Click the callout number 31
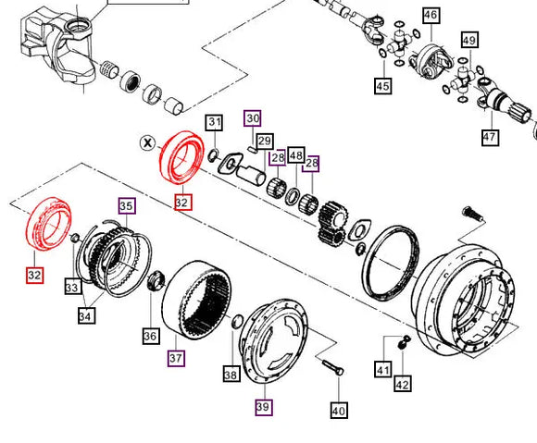pos(214,122)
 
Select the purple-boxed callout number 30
pos(253,117)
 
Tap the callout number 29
pos(265,141)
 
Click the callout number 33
pos(72,288)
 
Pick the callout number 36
pos(150,337)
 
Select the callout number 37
pos(175,357)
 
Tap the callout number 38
pos(231,375)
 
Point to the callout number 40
pos(338,410)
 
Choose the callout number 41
pos(382,370)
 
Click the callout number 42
pos(403,384)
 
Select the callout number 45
pos(382,86)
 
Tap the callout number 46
pos(431,15)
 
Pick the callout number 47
pos(489,138)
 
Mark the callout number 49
pos(469,40)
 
